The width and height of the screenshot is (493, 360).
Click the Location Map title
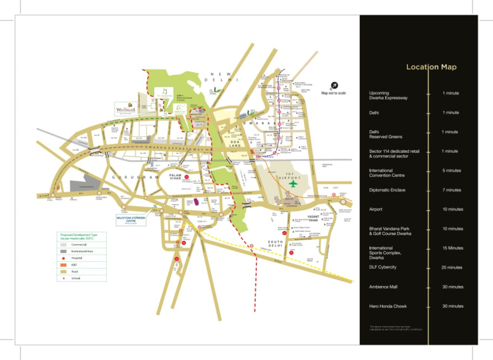(431, 67)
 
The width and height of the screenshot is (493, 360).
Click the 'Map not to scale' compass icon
(333, 86)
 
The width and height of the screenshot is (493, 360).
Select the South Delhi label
(275, 243)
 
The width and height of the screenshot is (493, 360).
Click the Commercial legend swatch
(63, 245)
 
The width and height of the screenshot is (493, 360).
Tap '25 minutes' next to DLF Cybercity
(452, 268)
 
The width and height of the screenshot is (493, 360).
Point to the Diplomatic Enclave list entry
(389, 190)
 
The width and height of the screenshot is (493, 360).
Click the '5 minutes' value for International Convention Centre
(452, 171)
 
